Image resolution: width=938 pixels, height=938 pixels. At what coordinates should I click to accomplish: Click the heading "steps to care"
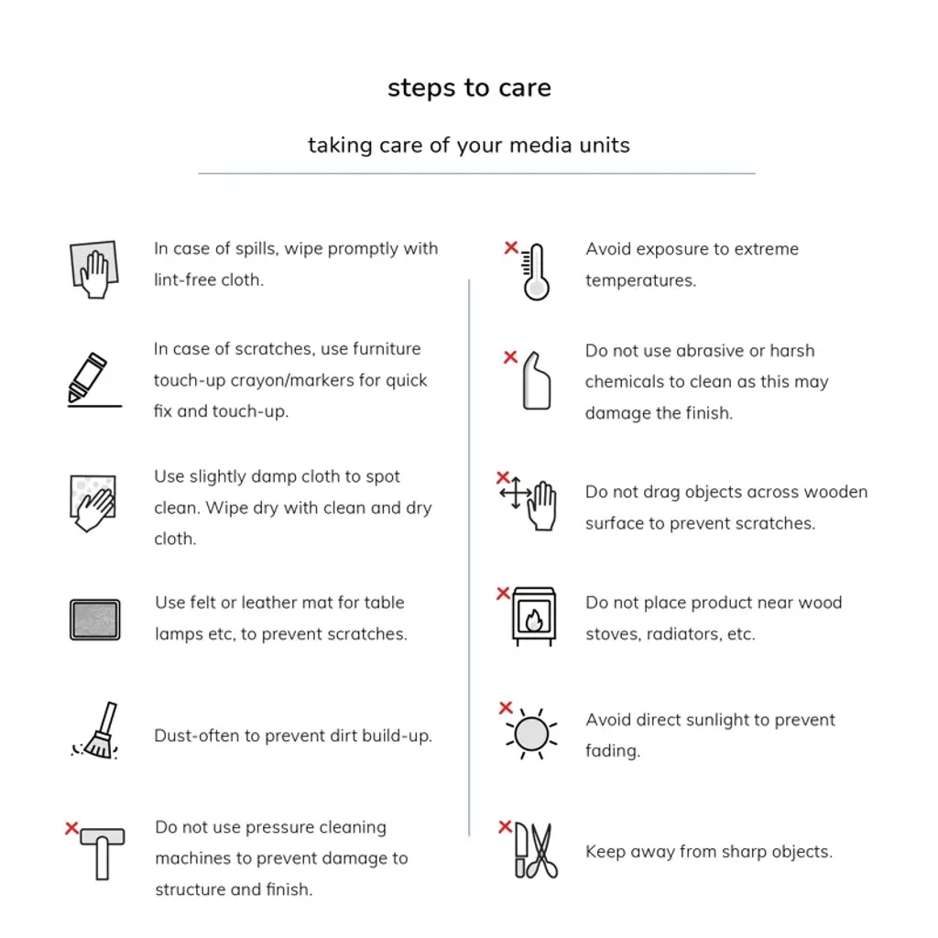(x=469, y=88)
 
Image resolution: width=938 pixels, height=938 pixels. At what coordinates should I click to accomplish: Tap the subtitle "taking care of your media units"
(x=469, y=145)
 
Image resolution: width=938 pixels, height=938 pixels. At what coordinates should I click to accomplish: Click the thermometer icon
(x=536, y=272)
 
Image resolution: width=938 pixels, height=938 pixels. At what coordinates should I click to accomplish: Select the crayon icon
(x=88, y=377)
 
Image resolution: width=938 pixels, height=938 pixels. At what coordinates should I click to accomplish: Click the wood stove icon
(x=534, y=617)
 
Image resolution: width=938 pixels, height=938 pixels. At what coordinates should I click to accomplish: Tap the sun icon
(x=531, y=734)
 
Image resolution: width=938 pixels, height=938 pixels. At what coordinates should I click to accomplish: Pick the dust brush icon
(x=98, y=732)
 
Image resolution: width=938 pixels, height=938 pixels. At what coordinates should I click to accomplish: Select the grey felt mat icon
(x=95, y=619)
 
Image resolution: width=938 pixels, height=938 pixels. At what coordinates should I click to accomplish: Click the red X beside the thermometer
(x=511, y=247)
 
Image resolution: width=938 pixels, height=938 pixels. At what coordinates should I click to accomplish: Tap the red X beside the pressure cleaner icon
(x=71, y=828)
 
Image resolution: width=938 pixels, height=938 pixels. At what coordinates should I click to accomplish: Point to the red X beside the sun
(x=506, y=708)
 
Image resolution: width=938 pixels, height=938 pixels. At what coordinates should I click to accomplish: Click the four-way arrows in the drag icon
(x=516, y=493)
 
